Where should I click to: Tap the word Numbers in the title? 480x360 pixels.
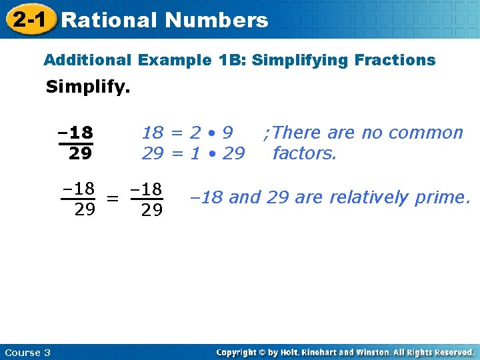[x=217, y=20]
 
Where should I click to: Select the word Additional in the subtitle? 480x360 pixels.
[x=87, y=60]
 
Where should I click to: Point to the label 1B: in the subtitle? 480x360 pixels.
[x=227, y=60]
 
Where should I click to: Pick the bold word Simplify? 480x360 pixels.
[x=87, y=87]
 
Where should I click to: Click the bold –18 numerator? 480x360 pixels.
[x=75, y=132]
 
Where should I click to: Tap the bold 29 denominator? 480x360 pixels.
[x=80, y=154]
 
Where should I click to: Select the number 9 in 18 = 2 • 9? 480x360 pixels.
[x=228, y=133]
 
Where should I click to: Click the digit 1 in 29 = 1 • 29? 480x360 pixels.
[x=195, y=154]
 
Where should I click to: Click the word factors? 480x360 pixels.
[x=305, y=154]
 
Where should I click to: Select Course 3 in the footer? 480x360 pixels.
[x=27, y=352]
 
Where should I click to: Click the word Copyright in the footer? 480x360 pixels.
[x=237, y=352]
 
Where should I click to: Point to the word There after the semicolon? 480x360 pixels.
[x=296, y=133]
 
